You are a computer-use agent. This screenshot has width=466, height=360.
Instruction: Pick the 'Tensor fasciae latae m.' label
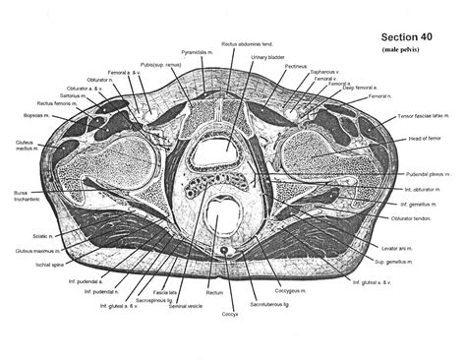tap(419, 117)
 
